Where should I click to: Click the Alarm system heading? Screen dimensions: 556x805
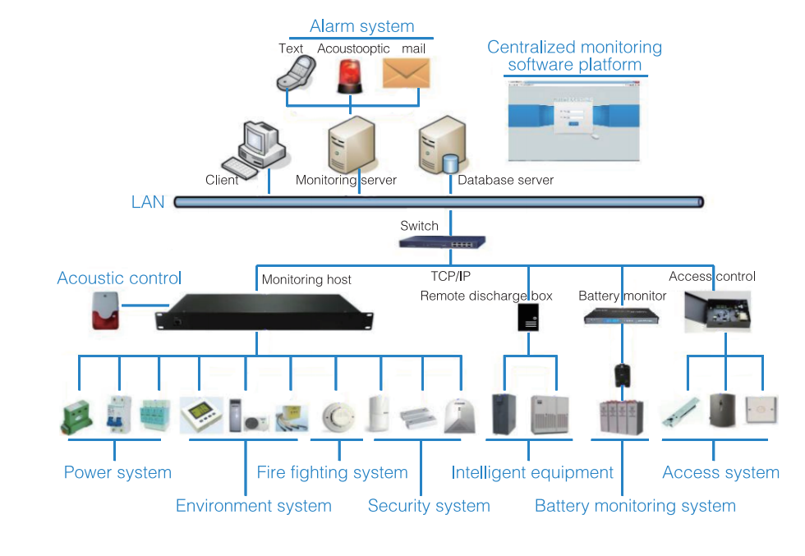(x=361, y=27)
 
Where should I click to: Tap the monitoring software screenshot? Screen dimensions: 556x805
(x=575, y=121)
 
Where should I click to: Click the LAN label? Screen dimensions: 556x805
(x=148, y=202)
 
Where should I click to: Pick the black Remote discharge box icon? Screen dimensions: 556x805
(x=528, y=317)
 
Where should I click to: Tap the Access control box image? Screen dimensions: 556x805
(x=716, y=311)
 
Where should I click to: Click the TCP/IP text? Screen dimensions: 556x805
(x=451, y=277)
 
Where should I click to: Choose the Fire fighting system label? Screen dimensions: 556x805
(x=332, y=473)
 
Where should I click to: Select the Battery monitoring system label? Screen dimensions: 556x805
(x=635, y=506)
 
